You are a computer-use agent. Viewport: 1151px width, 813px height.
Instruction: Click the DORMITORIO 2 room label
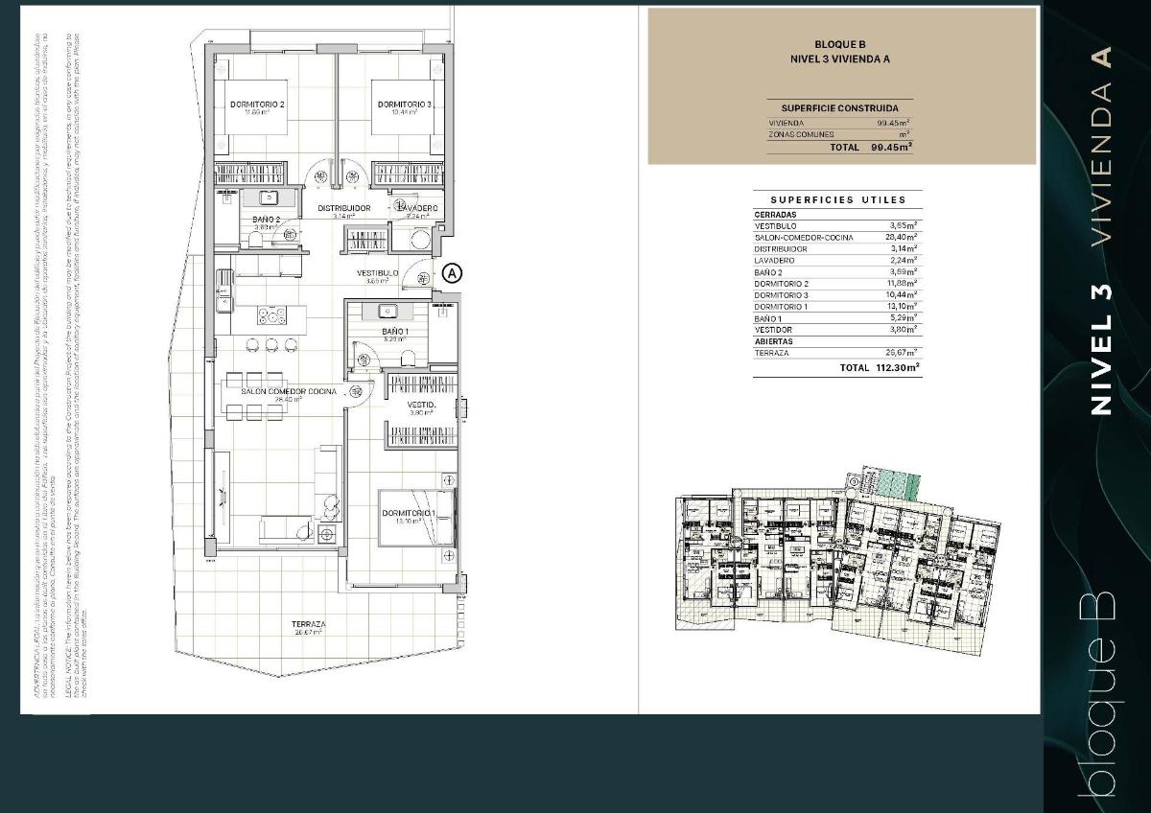coord(257,104)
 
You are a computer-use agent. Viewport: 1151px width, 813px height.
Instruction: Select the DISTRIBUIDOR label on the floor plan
coord(344,208)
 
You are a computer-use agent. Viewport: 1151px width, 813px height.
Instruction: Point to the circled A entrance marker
coord(453,273)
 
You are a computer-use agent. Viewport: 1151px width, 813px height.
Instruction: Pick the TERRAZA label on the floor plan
coord(308,624)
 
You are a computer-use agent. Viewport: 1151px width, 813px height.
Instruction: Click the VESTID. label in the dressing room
coord(422,406)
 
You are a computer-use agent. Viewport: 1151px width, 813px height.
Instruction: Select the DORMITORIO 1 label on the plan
coord(410,514)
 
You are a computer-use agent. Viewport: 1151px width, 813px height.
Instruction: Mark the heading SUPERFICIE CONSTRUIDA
coord(839,108)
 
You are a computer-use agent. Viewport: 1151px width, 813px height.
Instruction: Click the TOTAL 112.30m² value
coord(880,367)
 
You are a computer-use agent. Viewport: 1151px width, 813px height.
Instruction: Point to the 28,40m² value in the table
coord(902,237)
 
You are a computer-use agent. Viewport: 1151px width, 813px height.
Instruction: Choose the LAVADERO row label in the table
coord(774,260)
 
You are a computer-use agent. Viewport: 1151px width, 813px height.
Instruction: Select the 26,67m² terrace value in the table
coord(902,352)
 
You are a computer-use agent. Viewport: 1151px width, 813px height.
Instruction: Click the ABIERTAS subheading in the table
coord(773,340)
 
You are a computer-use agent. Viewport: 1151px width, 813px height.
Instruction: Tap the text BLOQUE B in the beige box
coord(839,44)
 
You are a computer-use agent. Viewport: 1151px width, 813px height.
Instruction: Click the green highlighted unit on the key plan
coord(897,484)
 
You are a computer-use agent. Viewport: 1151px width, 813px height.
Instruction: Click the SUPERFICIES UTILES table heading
coord(837,200)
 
